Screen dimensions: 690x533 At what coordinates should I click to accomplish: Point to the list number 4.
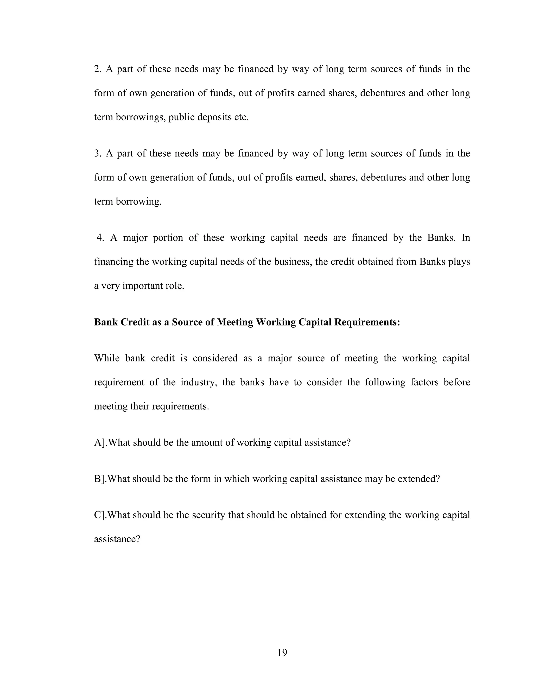pos(100,237)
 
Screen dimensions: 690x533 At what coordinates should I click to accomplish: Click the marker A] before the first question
pos(99,442)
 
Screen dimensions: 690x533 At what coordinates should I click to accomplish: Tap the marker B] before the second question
pos(99,479)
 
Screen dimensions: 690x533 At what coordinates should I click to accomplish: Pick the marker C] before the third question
pos(99,515)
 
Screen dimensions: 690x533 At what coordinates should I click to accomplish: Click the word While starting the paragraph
pos(107,358)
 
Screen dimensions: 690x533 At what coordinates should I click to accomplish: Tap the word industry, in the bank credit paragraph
pos(199,382)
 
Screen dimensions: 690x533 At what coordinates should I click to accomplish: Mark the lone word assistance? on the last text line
pos(117,539)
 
